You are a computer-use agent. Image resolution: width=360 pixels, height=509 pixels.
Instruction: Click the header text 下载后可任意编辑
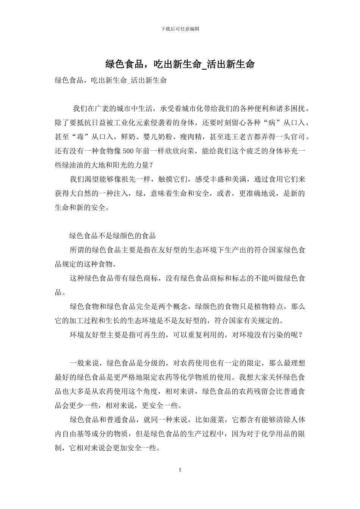coord(180,29)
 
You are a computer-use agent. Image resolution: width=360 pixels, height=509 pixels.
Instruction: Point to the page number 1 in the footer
coord(180,470)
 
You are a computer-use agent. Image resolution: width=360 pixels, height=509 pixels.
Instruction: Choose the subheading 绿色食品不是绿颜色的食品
coord(113,236)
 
